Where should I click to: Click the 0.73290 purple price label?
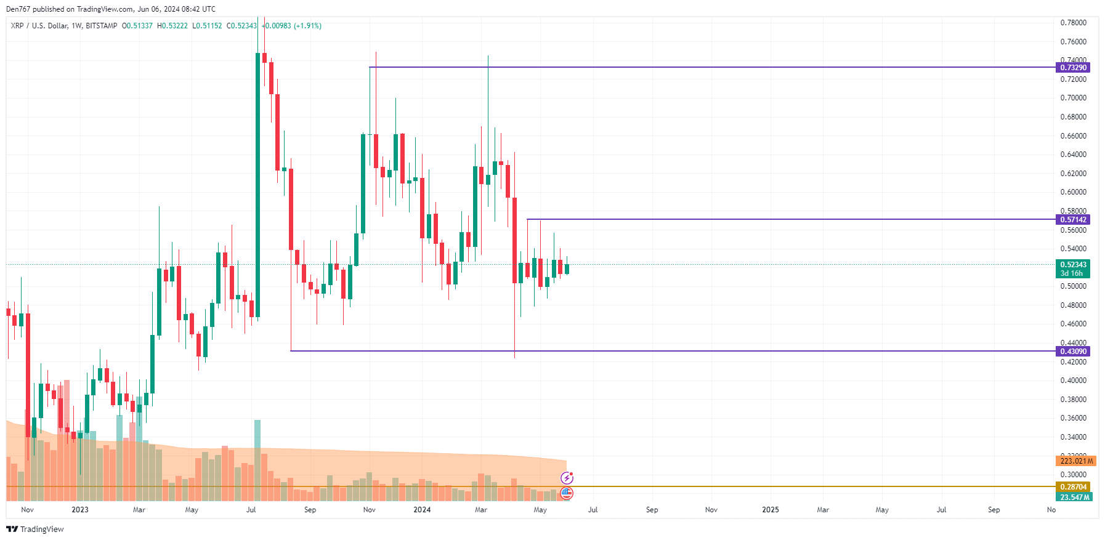pos(1072,67)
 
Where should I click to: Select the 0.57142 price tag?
pos(1072,219)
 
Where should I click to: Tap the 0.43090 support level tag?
pos(1072,351)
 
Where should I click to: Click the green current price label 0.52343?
pos(1072,265)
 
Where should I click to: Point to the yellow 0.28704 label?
pos(1072,486)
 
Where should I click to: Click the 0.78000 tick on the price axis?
pos(1073,23)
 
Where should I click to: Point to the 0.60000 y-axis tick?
pos(1073,192)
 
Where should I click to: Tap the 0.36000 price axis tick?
pos(1073,418)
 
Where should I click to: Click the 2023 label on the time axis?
pos(80,510)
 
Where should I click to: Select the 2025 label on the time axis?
pos(771,510)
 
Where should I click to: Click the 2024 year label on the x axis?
pos(422,510)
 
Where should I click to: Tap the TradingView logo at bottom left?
pos(35,530)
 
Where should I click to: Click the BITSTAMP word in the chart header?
pos(101,26)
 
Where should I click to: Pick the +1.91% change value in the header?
pos(307,26)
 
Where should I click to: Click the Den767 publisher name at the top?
pos(17,9)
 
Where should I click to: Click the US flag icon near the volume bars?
pos(567,493)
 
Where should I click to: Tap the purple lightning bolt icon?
pos(567,478)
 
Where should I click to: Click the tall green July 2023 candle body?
pos(257,185)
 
